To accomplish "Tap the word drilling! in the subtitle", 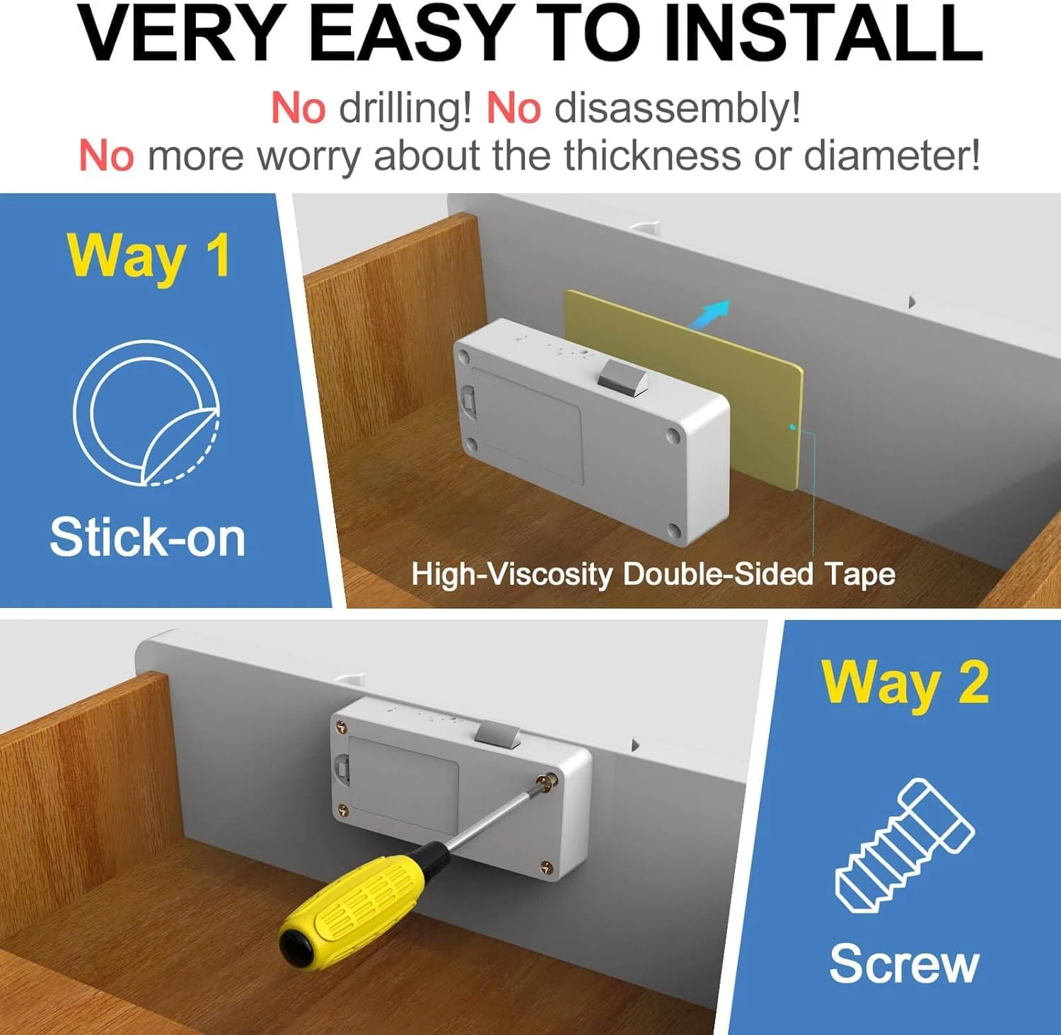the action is pyautogui.click(x=405, y=108).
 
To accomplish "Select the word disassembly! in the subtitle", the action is pyautogui.click(x=678, y=108).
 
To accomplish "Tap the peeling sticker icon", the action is pyautogui.click(x=146, y=413).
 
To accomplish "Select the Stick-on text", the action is pyautogui.click(x=147, y=537).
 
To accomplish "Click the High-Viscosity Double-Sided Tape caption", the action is pyautogui.click(x=653, y=574).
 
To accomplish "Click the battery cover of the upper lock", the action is pyautogui.click(x=527, y=426).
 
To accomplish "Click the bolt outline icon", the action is pyautogui.click(x=905, y=846).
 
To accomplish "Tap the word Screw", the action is pyautogui.click(x=904, y=963).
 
